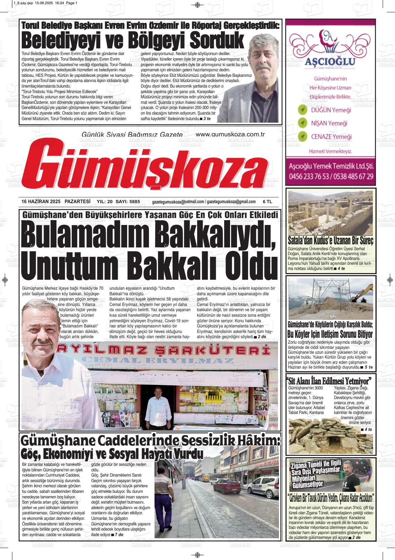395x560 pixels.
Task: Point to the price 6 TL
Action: [267, 202]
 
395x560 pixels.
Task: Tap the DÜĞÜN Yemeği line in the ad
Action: [331, 110]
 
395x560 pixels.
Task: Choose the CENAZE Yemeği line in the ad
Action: [331, 137]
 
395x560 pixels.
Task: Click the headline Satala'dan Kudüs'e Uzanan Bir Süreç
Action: [330, 241]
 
